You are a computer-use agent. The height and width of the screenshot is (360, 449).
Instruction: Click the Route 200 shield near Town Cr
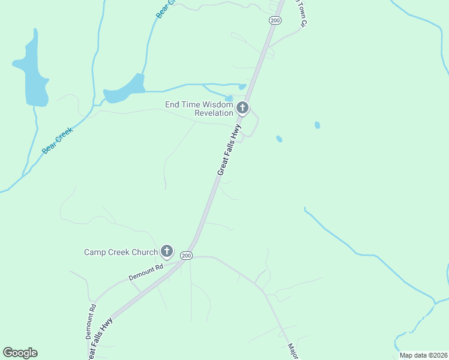tap(275, 20)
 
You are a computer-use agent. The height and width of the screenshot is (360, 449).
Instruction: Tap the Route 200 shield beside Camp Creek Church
tap(186, 256)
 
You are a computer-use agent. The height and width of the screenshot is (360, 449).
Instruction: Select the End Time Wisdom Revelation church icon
tap(243, 109)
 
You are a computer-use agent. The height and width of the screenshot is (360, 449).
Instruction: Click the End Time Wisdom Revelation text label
tap(199, 109)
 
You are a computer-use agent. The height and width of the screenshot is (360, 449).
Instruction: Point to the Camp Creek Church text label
tap(120, 252)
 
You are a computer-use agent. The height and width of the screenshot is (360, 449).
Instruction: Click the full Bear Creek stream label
tap(58, 140)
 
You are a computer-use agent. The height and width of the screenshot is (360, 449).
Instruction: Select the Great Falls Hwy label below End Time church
tap(229, 150)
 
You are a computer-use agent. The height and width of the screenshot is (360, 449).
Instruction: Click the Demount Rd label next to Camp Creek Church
tap(146, 274)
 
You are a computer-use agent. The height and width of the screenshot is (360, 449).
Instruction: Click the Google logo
tap(20, 353)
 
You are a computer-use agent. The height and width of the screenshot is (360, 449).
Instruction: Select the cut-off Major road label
tap(292, 351)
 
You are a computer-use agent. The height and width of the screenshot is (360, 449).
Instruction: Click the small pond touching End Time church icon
tap(229, 98)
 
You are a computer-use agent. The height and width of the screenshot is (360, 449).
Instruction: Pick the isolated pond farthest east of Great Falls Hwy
tap(317, 125)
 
